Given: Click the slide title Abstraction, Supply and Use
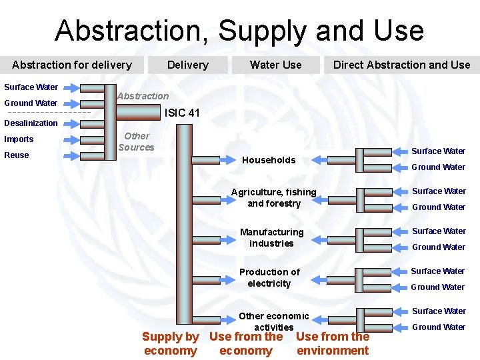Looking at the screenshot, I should point(239,31).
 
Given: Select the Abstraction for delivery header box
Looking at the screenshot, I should point(72,65).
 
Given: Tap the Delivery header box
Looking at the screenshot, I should point(187,65).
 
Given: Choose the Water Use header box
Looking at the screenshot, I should point(275,65).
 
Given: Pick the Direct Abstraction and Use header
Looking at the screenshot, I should point(401,65).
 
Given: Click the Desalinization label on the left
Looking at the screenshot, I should point(31,123).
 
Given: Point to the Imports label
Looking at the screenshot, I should point(19,139).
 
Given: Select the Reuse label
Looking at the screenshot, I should point(17,155).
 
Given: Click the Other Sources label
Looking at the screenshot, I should point(136,142).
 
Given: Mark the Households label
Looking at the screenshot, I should point(269,160).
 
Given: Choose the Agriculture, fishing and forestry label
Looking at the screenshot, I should point(274,198).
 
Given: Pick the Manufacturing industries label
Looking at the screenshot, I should point(271,237).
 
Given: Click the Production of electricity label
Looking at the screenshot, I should point(269,277).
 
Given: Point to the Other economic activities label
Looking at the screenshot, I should point(274,321).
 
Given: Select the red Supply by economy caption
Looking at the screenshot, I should point(170,344).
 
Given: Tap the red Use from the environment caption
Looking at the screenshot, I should point(333,344).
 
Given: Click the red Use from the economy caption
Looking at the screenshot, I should point(246,344).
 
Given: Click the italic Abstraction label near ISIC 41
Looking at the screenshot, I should point(143,96).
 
